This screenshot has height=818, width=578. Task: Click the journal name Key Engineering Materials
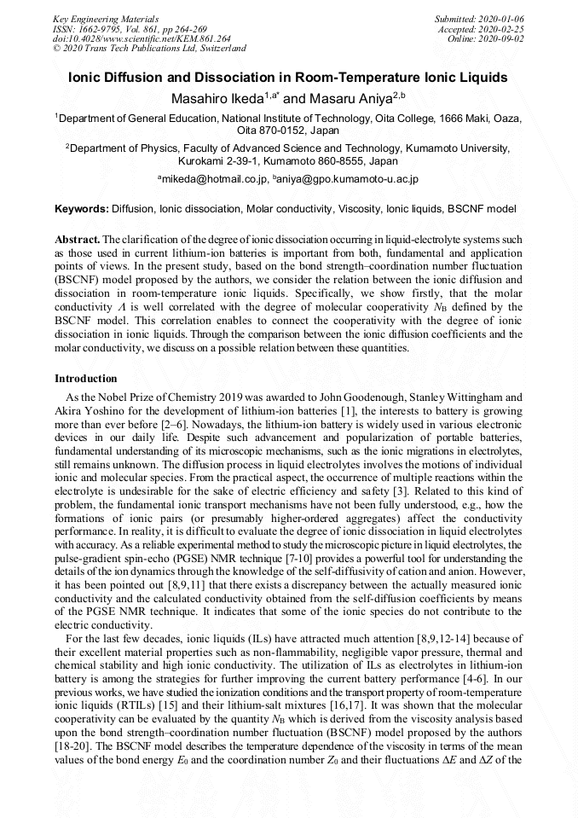point(106,18)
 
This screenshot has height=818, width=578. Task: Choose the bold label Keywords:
point(82,209)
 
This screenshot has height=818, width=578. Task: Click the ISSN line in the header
point(129,28)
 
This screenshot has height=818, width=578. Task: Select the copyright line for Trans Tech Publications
point(149,49)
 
